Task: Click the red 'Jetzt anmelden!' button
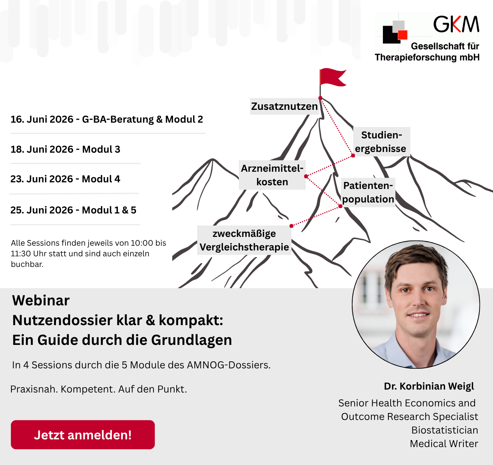83,435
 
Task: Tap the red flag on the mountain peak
333,77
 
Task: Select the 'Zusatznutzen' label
284,107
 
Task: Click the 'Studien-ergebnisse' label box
381,142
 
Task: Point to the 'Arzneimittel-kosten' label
272,175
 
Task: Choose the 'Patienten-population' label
368,192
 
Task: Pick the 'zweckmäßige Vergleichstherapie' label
244,240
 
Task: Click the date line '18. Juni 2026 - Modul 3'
65,149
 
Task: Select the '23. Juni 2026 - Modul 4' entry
65,179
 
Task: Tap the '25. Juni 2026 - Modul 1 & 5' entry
73,210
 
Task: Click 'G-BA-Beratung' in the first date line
118,119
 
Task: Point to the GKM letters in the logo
456,24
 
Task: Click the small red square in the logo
403,35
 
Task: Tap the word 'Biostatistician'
445,430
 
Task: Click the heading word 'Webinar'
41,300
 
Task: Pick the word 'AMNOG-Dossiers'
228,365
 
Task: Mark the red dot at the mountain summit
320,98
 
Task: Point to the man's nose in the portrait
418,300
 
